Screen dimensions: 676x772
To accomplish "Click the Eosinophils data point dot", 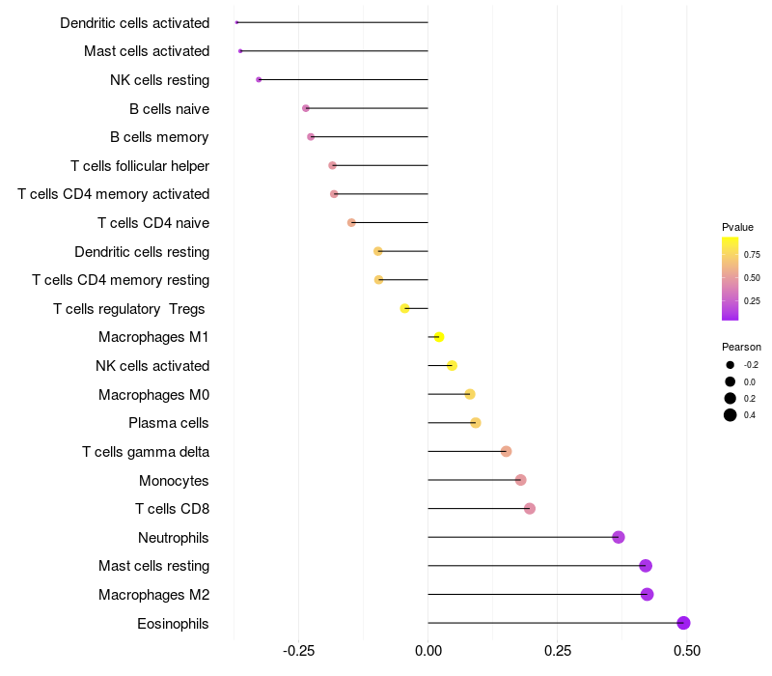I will pyautogui.click(x=683, y=623).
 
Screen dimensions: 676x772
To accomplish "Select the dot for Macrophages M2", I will pyautogui.click(x=647, y=594).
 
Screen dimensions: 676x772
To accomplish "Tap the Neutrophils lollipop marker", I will pyautogui.click(x=619, y=537).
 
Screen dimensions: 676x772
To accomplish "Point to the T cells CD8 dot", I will pyautogui.click(x=529, y=509).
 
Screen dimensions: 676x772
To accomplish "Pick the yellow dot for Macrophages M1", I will pyautogui.click(x=439, y=337).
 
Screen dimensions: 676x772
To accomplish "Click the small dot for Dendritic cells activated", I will pyautogui.click(x=236, y=22).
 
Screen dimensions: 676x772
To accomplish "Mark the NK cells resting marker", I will pyautogui.click(x=259, y=79).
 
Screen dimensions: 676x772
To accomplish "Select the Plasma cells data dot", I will pyautogui.click(x=475, y=423).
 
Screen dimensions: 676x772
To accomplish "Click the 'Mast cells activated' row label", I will pyautogui.click(x=147, y=51).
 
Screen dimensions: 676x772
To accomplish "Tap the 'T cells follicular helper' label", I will pyautogui.click(x=140, y=166).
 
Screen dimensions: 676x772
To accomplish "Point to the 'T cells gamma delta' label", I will pyautogui.click(x=146, y=452).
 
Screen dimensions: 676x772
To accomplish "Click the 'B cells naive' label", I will pyautogui.click(x=169, y=108).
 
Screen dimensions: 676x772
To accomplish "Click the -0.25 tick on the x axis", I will pyautogui.click(x=297, y=652).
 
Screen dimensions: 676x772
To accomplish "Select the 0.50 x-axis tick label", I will pyautogui.click(x=686, y=652).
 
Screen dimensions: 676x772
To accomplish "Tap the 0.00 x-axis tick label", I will pyautogui.click(x=427, y=652).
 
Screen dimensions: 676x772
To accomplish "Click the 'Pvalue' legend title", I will pyautogui.click(x=737, y=227).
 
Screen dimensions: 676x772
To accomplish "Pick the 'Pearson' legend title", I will pyautogui.click(x=741, y=347).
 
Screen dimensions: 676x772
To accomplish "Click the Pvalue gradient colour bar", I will pyautogui.click(x=731, y=278).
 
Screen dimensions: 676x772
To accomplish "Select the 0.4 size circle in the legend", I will pyautogui.click(x=731, y=415).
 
